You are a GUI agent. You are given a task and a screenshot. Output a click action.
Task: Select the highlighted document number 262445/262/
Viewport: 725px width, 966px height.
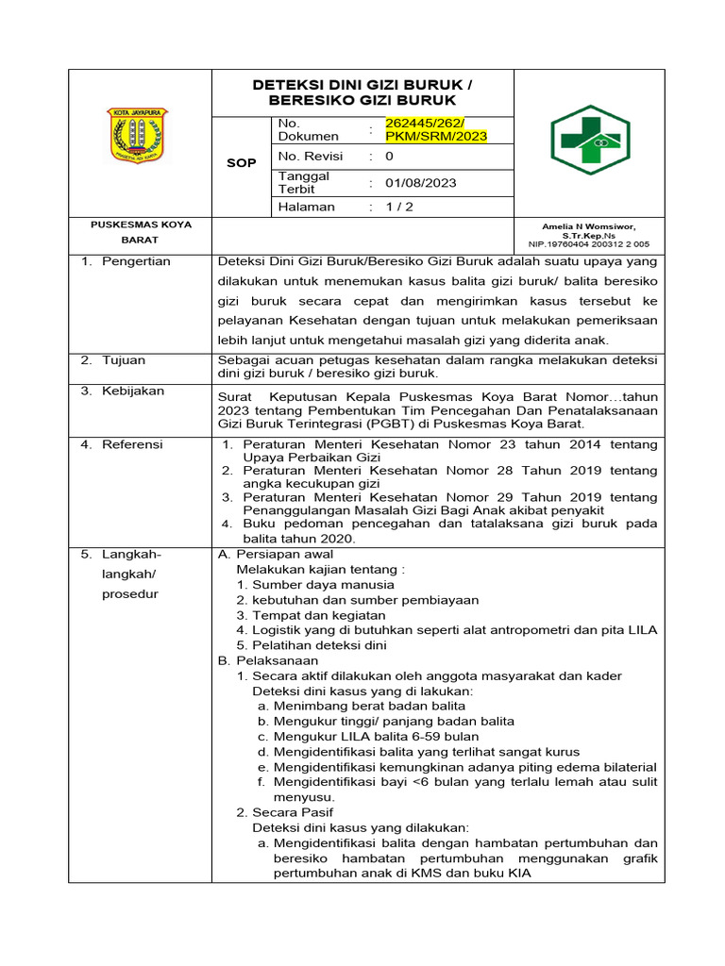pyautogui.click(x=430, y=124)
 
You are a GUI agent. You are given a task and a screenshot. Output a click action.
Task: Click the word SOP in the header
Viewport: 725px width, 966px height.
pyautogui.click(x=242, y=163)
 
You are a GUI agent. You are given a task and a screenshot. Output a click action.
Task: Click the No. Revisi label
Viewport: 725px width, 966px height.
pyautogui.click(x=311, y=157)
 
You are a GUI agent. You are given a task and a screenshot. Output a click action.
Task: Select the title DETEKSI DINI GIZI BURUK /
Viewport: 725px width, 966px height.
pyautogui.click(x=362, y=85)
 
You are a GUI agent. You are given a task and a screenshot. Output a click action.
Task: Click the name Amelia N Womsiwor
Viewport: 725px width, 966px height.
pyautogui.click(x=589, y=226)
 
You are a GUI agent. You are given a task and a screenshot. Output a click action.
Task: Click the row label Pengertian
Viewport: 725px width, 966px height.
pyautogui.click(x=137, y=261)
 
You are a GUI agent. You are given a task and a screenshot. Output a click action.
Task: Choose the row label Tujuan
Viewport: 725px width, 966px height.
pyautogui.click(x=125, y=360)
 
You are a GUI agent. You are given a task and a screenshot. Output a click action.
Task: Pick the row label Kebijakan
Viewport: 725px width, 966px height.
pyautogui.click(x=133, y=391)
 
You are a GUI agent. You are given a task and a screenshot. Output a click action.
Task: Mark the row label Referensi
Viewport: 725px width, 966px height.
pyautogui.click(x=132, y=443)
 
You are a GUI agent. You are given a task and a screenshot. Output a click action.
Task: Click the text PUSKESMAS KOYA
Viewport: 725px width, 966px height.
pyautogui.click(x=141, y=225)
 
